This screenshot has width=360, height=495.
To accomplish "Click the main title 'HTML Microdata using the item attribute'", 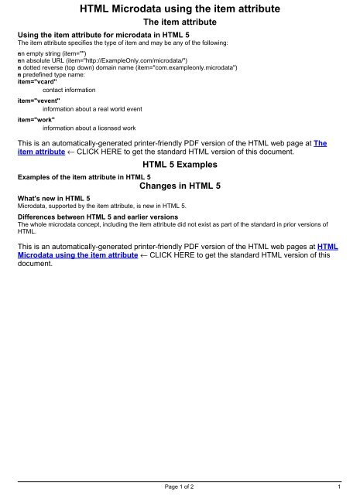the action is pyautogui.click(x=180, y=10).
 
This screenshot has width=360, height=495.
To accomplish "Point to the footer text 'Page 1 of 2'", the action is pyautogui.click(x=180, y=487).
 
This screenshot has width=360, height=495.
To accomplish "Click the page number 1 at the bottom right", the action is pyautogui.click(x=340, y=487).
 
